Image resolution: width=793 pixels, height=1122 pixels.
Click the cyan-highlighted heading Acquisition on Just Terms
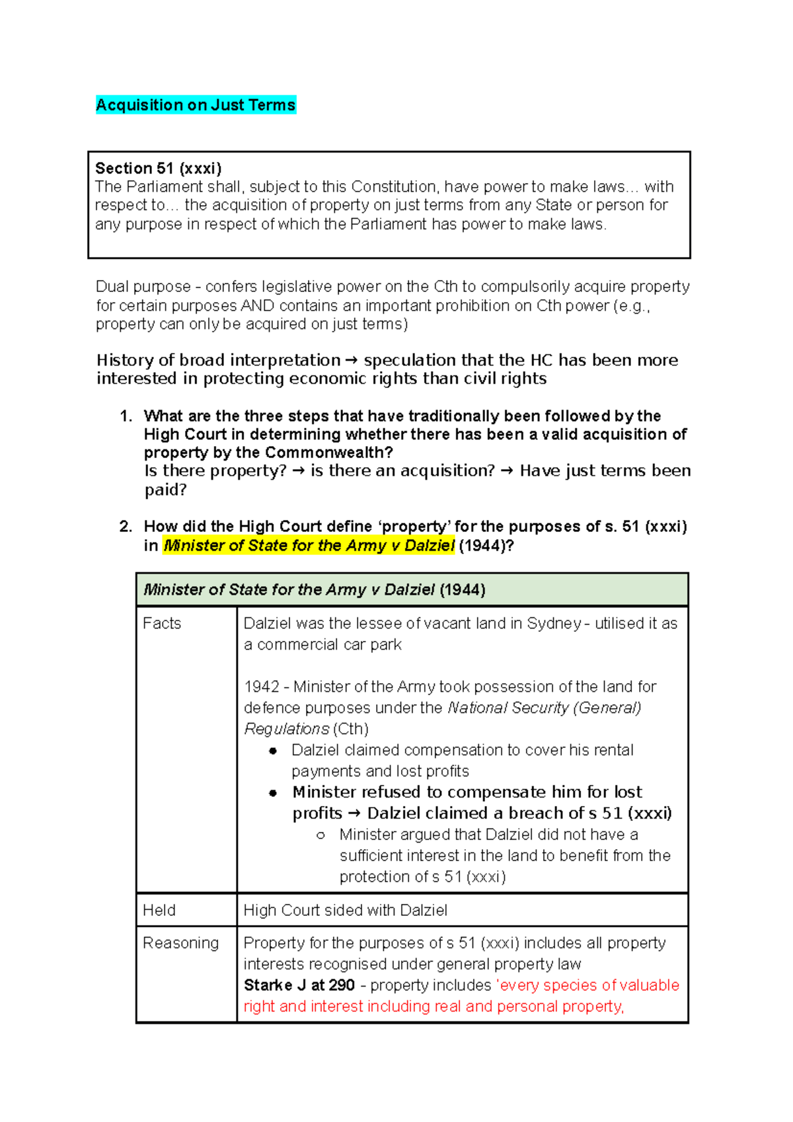coord(196,105)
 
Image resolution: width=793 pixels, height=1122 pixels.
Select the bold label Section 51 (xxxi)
coord(158,168)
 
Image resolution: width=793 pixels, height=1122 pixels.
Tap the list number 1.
coord(126,416)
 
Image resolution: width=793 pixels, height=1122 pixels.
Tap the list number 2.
coord(126,527)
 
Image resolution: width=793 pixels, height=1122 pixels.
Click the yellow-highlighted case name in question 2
coord(309,546)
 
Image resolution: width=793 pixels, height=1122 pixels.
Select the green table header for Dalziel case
coord(412,589)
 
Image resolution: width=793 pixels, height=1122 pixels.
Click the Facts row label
coord(162,623)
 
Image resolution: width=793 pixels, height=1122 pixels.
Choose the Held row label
coord(159,910)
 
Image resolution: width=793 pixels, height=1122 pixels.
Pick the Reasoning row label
coord(180,943)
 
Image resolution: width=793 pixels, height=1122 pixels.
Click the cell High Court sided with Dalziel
coord(345,911)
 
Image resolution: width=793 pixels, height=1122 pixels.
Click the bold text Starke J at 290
coord(299,985)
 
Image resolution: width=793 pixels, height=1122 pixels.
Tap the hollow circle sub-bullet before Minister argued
coord(321,835)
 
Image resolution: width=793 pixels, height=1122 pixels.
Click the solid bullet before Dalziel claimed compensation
coord(273,751)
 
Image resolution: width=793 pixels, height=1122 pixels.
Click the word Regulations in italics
coord(286,729)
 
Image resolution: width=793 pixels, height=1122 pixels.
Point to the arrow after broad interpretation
coord(352,361)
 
